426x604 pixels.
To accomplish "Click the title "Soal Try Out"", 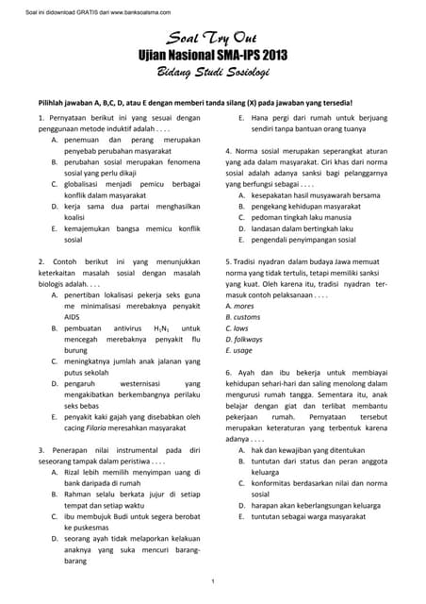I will coord(212,40).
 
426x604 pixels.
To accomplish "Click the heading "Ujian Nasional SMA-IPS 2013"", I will coord(212,56).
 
